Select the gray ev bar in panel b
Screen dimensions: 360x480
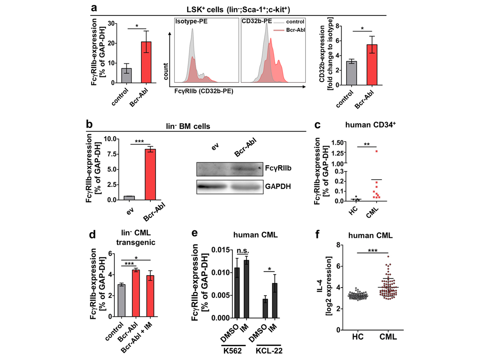pyautogui.click(x=129, y=198)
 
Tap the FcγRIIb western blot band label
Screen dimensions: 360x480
pyautogui.click(x=278, y=168)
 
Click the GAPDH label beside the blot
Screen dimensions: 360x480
pyautogui.click(x=278, y=186)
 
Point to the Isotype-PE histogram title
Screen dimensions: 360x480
pyautogui.click(x=191, y=21)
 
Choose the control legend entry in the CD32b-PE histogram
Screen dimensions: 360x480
pyautogui.click(x=295, y=22)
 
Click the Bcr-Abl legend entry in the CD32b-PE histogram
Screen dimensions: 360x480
pyautogui.click(x=295, y=30)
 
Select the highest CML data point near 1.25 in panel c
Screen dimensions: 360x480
pyautogui.click(x=376, y=151)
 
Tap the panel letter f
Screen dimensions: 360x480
pyautogui.click(x=318, y=235)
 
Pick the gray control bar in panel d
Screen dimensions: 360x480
pyautogui.click(x=121, y=301)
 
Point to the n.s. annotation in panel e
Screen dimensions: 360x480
pyautogui.click(x=243, y=251)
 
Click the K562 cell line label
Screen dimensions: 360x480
pyautogui.click(x=232, y=351)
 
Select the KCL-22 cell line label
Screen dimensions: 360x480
pyautogui.click(x=269, y=351)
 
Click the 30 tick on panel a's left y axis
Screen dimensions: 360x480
pyautogui.click(x=111, y=24)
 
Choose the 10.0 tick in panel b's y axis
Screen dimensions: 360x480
pyautogui.click(x=110, y=139)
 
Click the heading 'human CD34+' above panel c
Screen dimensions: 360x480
pyautogui.click(x=370, y=125)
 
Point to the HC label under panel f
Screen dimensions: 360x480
pyautogui.click(x=358, y=337)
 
